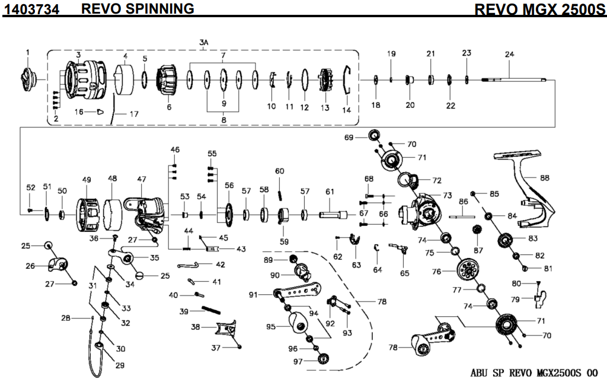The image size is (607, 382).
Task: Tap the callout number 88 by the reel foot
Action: point(545,177)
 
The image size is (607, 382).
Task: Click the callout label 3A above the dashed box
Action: point(203,42)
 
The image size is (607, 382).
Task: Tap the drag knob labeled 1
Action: point(28,77)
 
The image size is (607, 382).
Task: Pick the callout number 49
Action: point(87,179)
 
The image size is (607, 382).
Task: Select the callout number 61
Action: point(330,191)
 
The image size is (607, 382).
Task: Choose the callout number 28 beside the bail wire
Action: point(66,318)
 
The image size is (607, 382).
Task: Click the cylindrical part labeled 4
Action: point(125,80)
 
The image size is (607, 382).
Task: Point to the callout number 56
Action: point(229,185)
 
